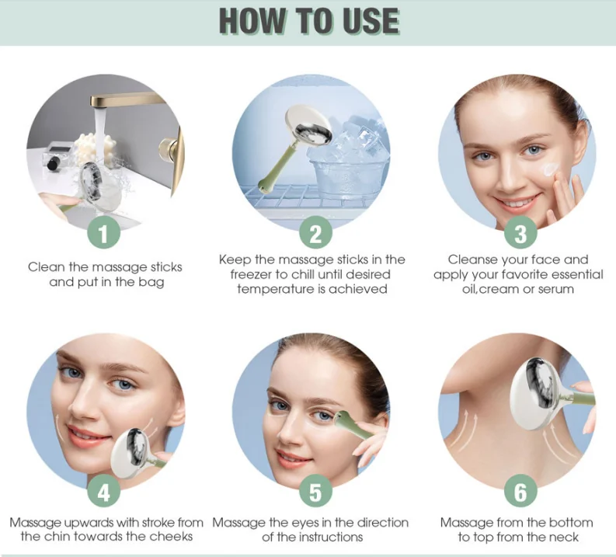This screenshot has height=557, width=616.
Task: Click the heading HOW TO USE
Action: point(308,22)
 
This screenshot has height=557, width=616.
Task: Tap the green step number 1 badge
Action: point(104,232)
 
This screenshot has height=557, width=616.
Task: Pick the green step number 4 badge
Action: point(104,493)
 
